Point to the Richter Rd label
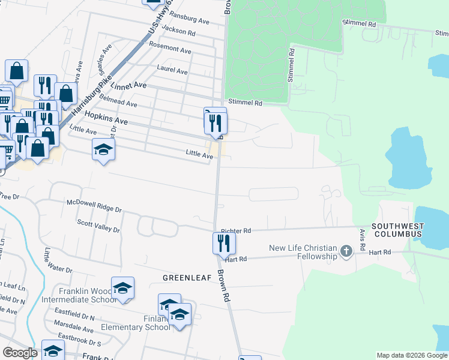pos(235,230)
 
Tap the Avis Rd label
pos(363,239)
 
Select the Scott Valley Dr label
pos(98,226)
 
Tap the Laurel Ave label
pos(172,70)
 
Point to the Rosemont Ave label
pos(169,46)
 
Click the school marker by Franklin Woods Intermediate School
pos(123,289)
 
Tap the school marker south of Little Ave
pos(103,149)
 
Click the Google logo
pos(20,353)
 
